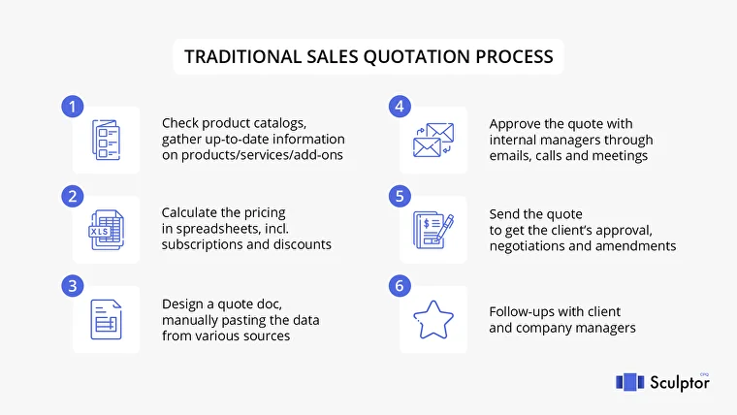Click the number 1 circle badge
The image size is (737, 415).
(73, 107)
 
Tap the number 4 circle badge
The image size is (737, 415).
(400, 107)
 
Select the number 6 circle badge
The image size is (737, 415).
(400, 286)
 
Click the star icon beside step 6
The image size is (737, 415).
(433, 320)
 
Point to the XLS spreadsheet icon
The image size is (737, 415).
(107, 230)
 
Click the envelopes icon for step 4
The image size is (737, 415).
(433, 140)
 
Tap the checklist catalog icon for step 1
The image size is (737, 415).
(107, 140)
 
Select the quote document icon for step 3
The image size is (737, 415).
(107, 320)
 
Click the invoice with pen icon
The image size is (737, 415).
(433, 230)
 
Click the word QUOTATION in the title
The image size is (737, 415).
(416, 57)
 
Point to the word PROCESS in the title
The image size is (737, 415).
(514, 57)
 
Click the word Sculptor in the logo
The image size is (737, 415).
(680, 383)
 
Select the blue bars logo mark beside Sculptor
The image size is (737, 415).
(629, 382)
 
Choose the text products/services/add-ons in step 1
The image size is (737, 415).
(262, 155)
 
